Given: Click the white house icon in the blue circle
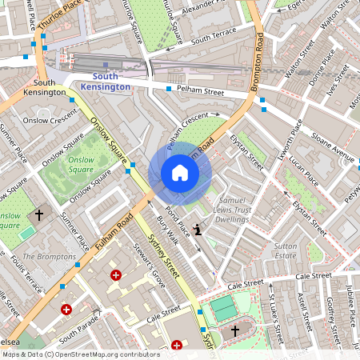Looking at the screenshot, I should tap(180, 173).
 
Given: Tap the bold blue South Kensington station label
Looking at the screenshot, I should tap(111, 81).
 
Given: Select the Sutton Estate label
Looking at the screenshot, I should tap(286, 252).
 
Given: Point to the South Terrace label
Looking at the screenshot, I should tap(211, 38).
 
